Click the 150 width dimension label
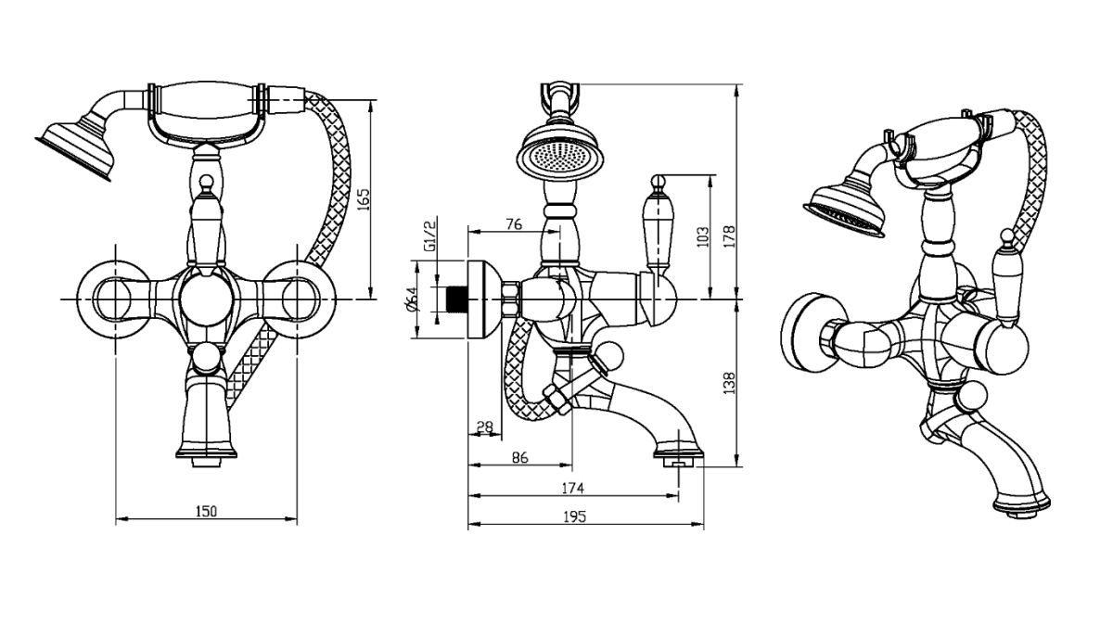click(x=206, y=511)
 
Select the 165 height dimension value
click(x=364, y=199)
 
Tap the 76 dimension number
click(x=516, y=224)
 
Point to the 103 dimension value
click(x=702, y=236)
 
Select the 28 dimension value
click(x=484, y=427)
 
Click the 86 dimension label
click(x=519, y=457)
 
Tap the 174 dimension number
click(x=572, y=488)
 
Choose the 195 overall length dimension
click(x=575, y=517)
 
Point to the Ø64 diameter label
click(x=412, y=299)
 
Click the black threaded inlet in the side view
click(x=454, y=299)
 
